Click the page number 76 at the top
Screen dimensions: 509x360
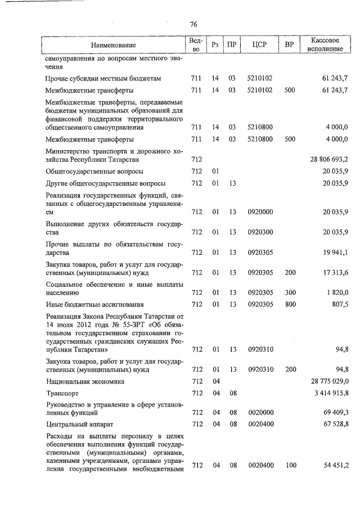pos(193,24)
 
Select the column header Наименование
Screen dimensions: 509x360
pos(114,44)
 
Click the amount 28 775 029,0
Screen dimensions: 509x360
pos(326,381)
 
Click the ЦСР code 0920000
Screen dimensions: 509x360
pos(260,212)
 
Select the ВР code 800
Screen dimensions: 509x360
pos(290,304)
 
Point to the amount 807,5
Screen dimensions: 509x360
pos(341,304)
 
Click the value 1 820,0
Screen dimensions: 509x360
pos(337,292)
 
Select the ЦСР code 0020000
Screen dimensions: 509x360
pos(260,413)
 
